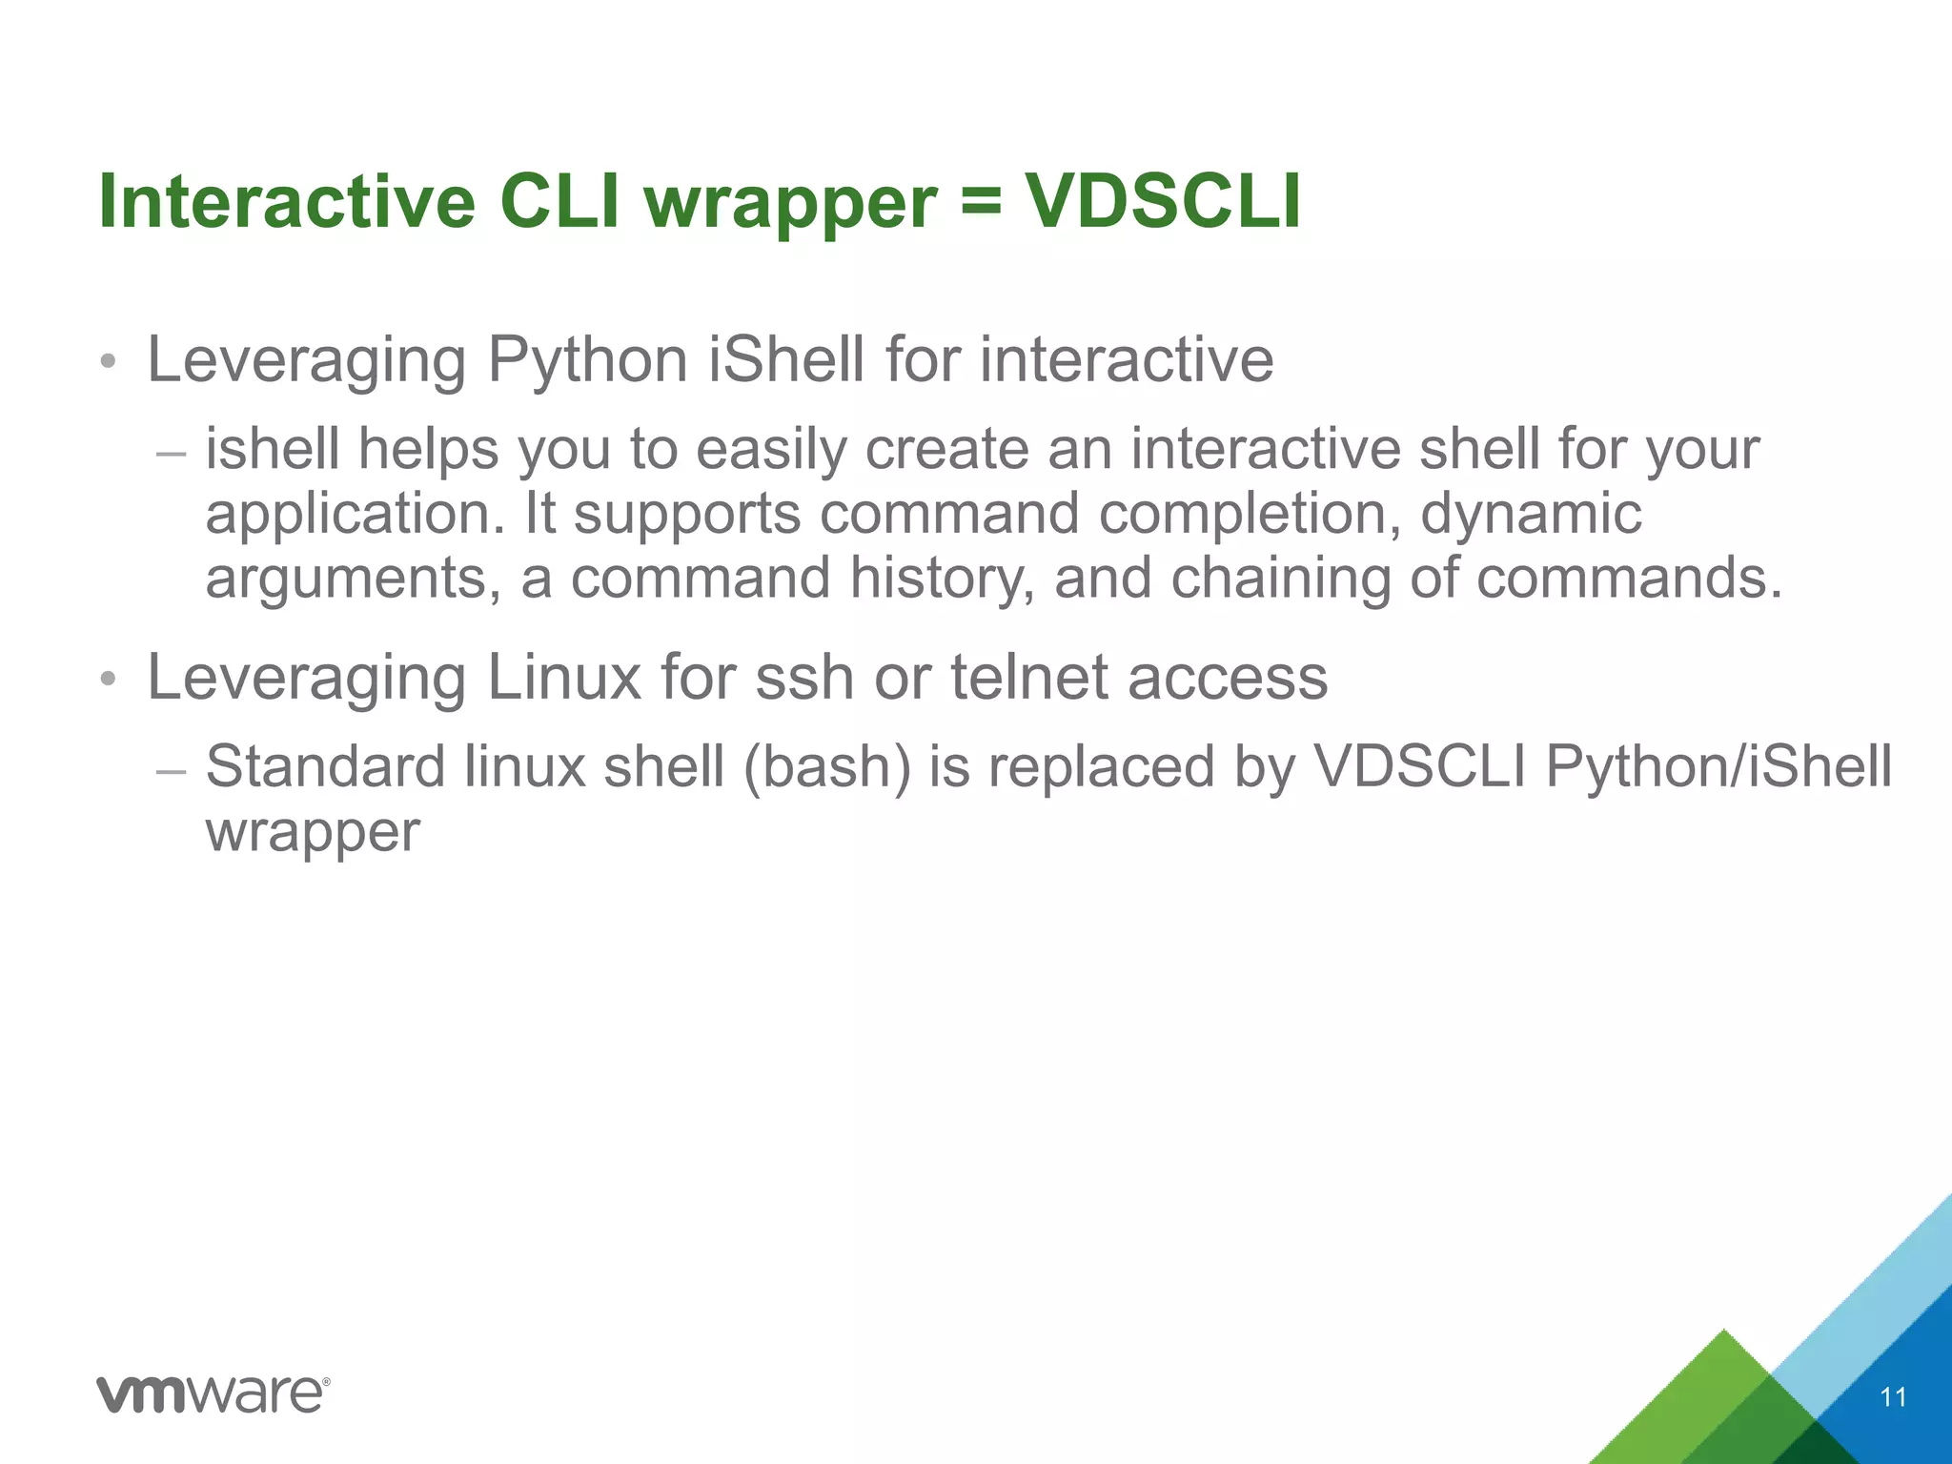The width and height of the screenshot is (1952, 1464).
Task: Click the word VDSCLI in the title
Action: [x=1162, y=202]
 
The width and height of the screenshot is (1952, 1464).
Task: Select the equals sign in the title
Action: [x=981, y=204]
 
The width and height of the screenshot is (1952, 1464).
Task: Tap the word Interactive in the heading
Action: [x=287, y=202]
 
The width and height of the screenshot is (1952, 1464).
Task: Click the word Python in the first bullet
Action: [x=587, y=362]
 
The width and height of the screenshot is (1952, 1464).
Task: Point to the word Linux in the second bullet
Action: [x=564, y=679]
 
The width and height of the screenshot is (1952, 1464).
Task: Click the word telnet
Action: [x=1029, y=679]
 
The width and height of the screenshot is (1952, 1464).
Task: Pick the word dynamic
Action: [x=1531, y=514]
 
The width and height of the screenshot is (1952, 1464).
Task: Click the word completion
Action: [x=1250, y=514]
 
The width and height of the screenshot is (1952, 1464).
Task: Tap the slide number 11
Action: [x=1893, y=1397]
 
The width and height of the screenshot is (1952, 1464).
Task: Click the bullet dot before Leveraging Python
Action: [x=109, y=362]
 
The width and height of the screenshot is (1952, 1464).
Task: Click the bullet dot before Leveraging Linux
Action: [x=109, y=680]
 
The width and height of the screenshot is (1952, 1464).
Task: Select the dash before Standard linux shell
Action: [x=171, y=769]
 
